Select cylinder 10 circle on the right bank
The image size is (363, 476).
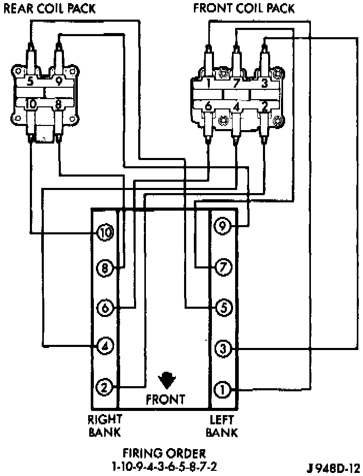point(105,233)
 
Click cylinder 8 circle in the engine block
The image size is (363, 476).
point(105,268)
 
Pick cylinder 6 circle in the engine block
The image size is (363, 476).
point(105,308)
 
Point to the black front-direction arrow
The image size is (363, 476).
point(166,379)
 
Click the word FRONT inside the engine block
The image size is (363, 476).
point(165,399)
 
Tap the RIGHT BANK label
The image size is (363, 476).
point(105,425)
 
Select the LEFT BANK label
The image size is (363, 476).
point(223,425)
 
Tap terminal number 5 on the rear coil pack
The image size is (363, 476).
point(30,81)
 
